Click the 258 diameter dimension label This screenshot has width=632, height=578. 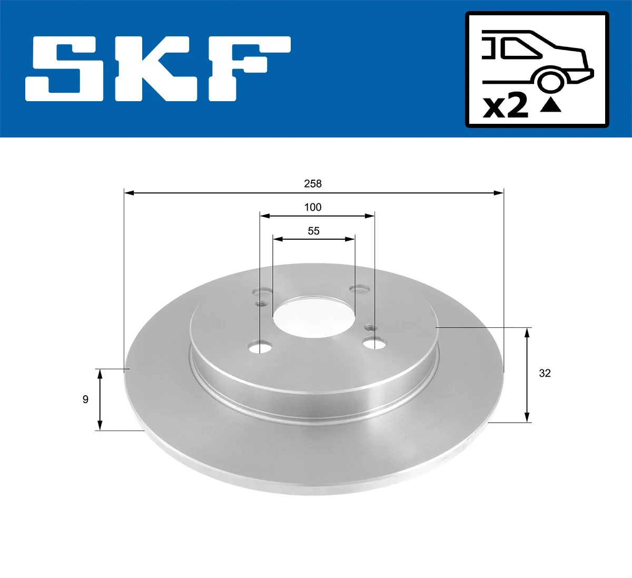click(312, 183)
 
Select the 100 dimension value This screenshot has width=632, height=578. click(312, 207)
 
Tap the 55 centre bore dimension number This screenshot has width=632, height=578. click(313, 231)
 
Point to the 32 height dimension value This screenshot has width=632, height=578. click(545, 373)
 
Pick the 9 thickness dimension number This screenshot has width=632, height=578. click(85, 399)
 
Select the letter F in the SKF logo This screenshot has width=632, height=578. click(248, 68)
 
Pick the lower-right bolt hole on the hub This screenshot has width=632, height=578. click(373, 344)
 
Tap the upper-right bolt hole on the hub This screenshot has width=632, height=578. click(360, 289)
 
